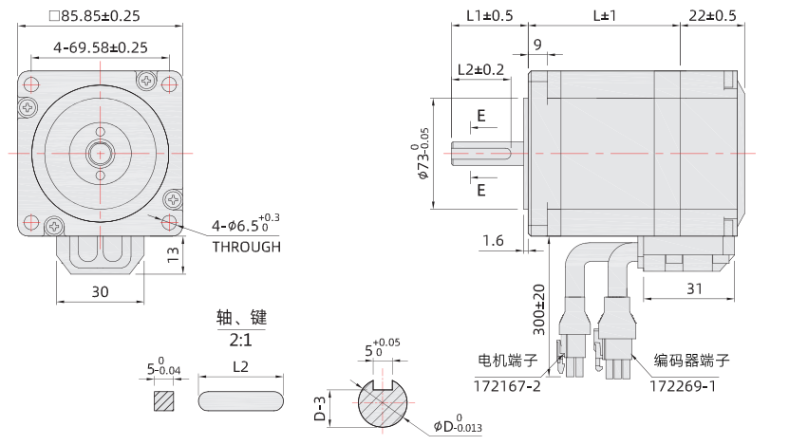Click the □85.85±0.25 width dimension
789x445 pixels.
(94, 16)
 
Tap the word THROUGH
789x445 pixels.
(246, 247)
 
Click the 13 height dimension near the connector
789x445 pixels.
(172, 254)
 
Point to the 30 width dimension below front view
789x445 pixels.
(100, 292)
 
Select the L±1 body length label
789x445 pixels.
(604, 16)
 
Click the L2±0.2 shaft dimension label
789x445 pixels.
(480, 69)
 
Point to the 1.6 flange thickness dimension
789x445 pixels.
(493, 241)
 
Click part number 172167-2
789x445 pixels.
(507, 386)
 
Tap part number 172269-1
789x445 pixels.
(683, 386)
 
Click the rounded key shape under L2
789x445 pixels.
(241, 401)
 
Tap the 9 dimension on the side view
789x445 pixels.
(537, 45)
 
